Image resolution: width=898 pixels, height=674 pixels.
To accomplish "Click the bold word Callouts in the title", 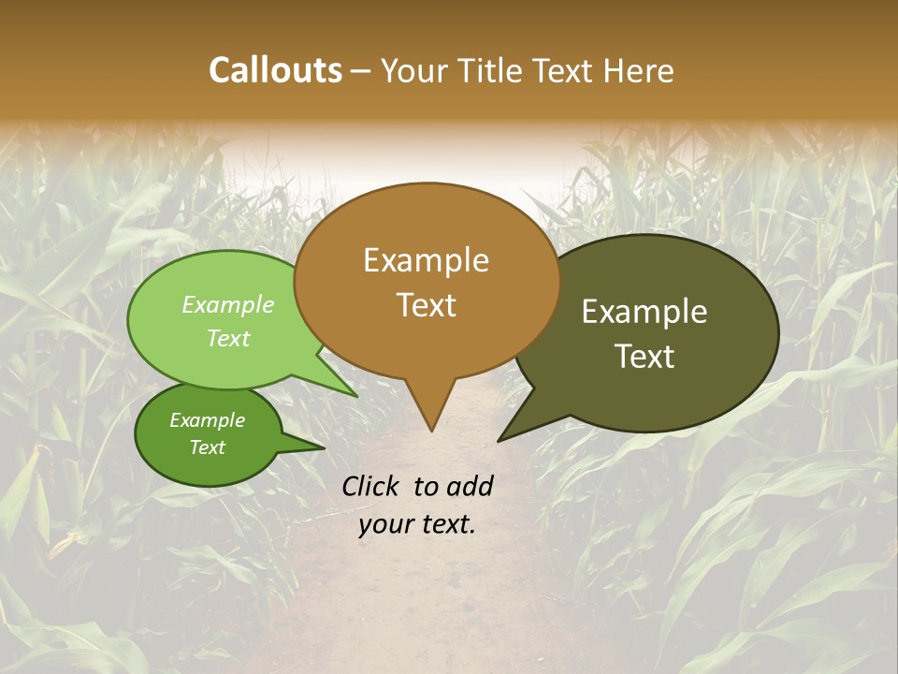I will [x=275, y=70].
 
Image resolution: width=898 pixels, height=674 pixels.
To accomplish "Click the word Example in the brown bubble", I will [x=426, y=260].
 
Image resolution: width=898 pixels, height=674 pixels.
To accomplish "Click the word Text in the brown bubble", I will [x=426, y=305].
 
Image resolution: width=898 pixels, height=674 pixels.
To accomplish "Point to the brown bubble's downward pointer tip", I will [x=431, y=431].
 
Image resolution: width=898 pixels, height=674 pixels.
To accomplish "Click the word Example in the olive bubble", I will [x=645, y=312].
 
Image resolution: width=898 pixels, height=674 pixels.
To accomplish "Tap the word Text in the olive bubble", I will [x=645, y=357].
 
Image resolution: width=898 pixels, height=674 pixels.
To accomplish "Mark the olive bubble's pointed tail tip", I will [x=499, y=440].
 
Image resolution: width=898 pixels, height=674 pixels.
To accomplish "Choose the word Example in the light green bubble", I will [x=228, y=305].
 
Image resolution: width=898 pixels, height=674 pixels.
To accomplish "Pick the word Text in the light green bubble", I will [x=228, y=338].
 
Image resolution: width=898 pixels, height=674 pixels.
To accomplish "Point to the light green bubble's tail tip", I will [x=357, y=397].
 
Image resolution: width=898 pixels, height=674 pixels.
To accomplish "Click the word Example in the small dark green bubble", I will [x=207, y=420].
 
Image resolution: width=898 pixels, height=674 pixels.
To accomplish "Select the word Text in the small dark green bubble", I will [x=207, y=447].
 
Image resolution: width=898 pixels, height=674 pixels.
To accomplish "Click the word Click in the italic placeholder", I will [x=372, y=486].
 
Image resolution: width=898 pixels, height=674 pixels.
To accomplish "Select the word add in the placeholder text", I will [x=470, y=486].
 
